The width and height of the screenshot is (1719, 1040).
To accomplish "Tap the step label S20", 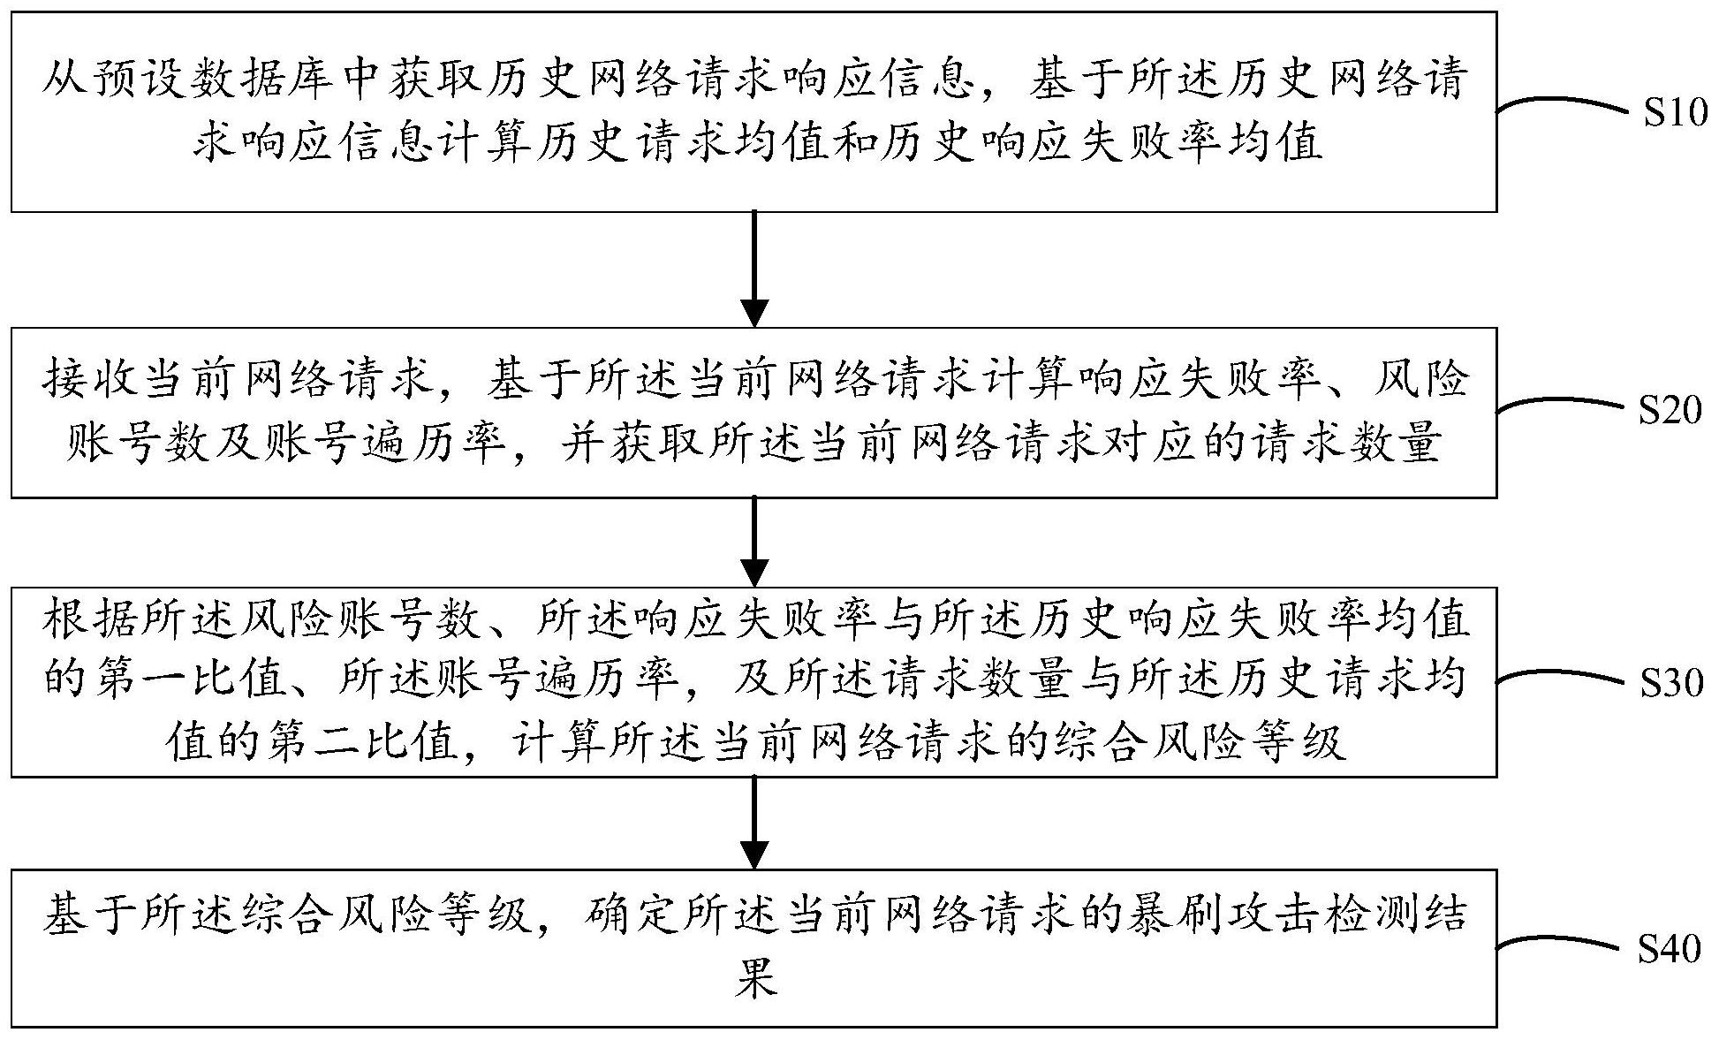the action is [x=1670, y=410].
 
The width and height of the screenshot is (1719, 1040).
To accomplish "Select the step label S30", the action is [x=1672, y=682].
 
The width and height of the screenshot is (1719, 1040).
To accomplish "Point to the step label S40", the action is [x=1670, y=949].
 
